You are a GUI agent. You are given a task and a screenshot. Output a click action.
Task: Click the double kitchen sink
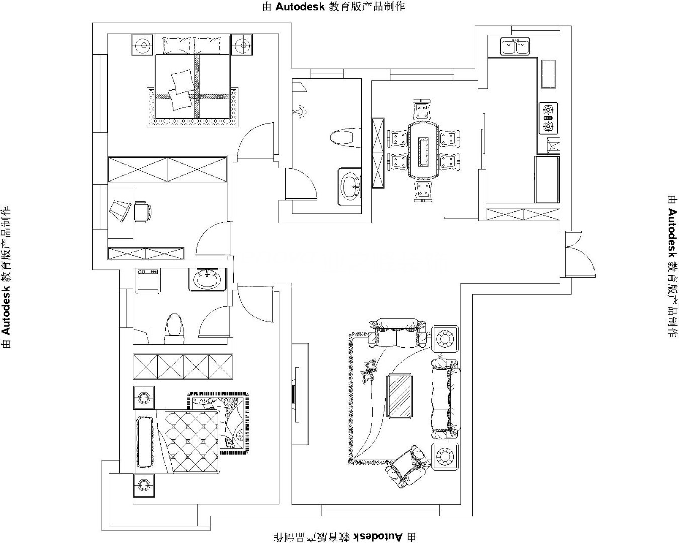pos(515,46)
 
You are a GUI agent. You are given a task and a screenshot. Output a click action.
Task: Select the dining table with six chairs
pos(423,150)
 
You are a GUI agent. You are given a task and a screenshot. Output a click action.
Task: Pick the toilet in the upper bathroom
pos(346,138)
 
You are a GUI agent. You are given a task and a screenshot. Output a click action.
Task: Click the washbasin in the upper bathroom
pos(350,187)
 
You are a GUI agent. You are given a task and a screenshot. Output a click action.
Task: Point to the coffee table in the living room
pos(400,396)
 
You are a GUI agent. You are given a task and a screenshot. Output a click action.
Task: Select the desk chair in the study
pos(142,212)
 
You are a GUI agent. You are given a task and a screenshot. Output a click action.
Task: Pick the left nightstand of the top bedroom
pos(143,45)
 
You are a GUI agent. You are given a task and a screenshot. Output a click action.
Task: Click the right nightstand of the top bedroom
pos(242,45)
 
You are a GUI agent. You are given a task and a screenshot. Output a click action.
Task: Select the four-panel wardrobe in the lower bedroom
pos(183,367)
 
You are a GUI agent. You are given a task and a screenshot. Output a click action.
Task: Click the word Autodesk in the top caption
pos(300,7)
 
